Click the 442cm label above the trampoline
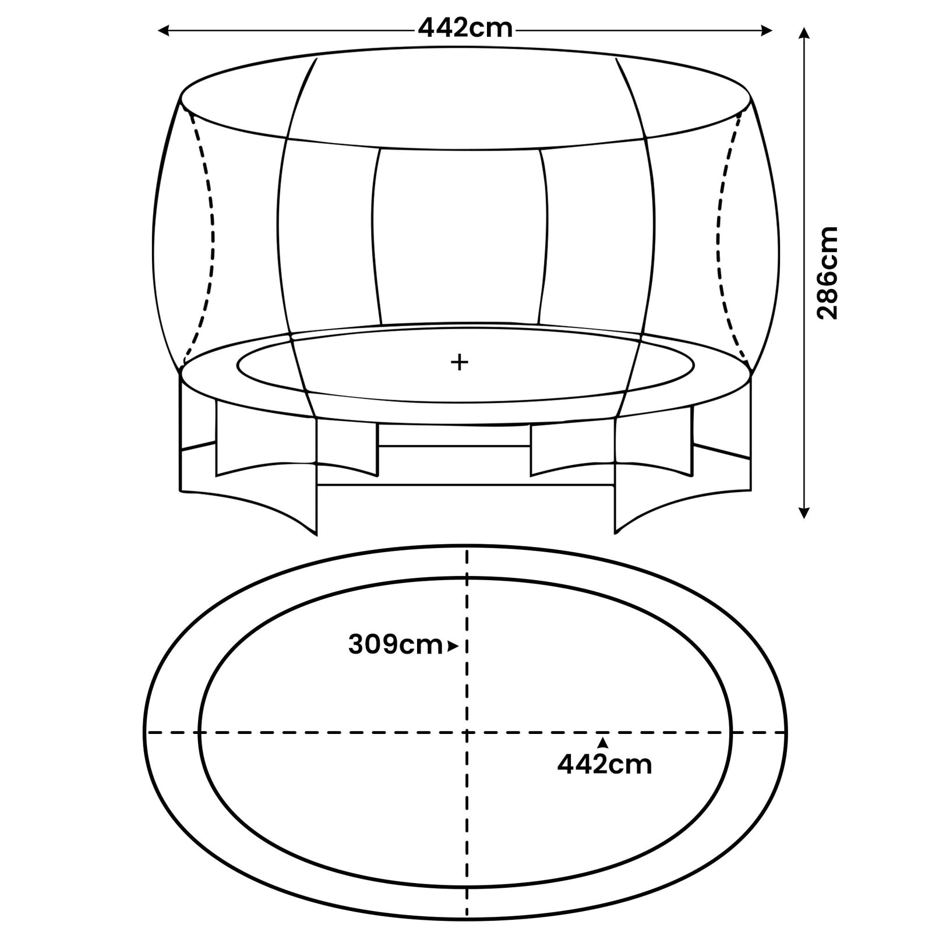(x=465, y=28)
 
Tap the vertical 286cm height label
(x=827, y=273)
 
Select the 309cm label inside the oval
(x=395, y=645)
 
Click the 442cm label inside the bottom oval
(x=605, y=764)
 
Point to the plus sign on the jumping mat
(x=460, y=362)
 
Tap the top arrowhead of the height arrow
(x=804, y=33)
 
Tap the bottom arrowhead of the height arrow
(x=804, y=513)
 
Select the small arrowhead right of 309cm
(x=453, y=645)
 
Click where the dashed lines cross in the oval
(x=466, y=732)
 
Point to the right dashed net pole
(x=721, y=233)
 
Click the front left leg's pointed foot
(x=316, y=532)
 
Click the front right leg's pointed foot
(x=616, y=531)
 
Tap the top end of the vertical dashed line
(x=466, y=550)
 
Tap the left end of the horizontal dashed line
(x=147, y=732)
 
